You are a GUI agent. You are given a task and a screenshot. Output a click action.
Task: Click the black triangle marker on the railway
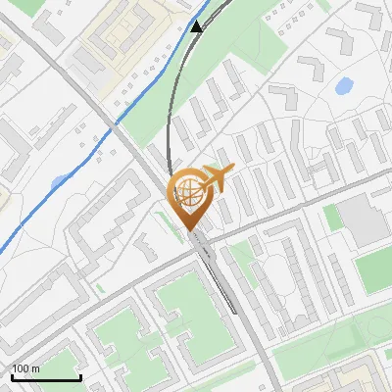coord(197,26)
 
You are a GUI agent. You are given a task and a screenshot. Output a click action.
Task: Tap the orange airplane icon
coord(218,177)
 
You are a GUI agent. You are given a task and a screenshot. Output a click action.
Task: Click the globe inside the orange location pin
coord(188,188)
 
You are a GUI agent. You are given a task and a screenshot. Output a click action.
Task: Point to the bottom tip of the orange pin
coord(188,228)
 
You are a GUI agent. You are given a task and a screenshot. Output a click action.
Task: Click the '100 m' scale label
coord(25,368)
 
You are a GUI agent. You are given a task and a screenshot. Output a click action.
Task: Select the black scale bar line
coord(46,377)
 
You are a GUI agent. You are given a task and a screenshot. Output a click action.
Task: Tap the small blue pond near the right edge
coord(344,86)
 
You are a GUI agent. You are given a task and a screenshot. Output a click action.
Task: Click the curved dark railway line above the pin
coord(172,108)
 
